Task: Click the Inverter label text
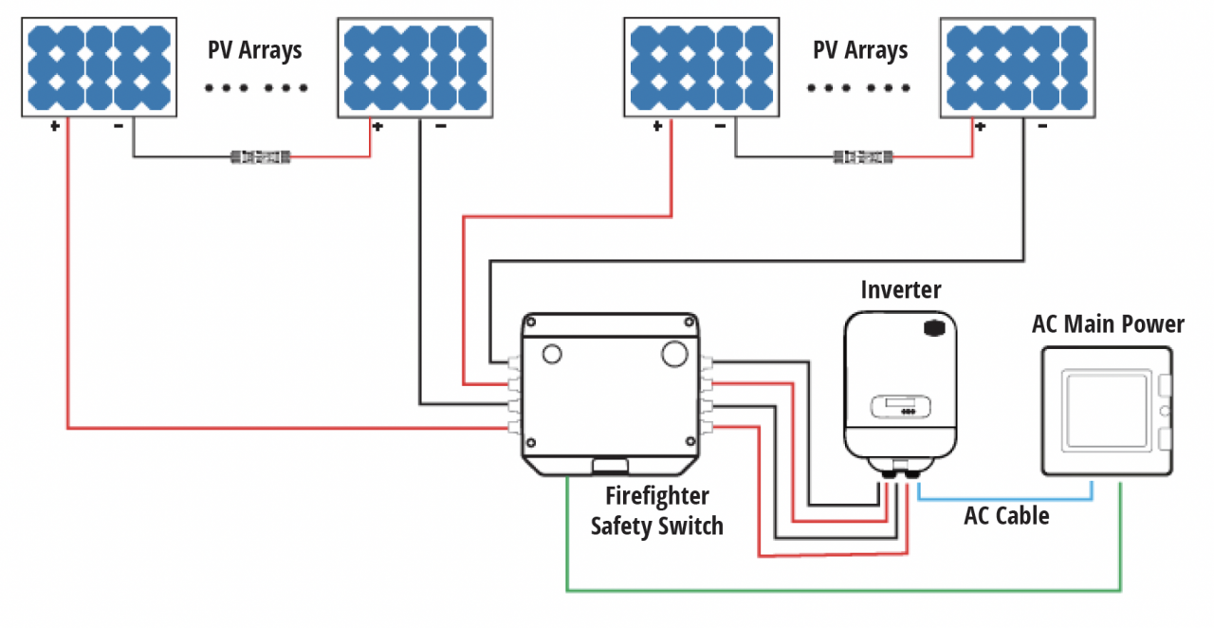click(900, 289)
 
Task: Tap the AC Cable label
click(1006, 516)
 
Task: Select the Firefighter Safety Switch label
click(656, 511)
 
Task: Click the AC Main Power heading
click(1108, 324)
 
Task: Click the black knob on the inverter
click(935, 328)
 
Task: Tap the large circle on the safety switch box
click(673, 353)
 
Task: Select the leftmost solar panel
click(99, 66)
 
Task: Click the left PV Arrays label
click(254, 50)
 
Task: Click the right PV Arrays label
click(859, 50)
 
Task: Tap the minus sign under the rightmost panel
click(1042, 126)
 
